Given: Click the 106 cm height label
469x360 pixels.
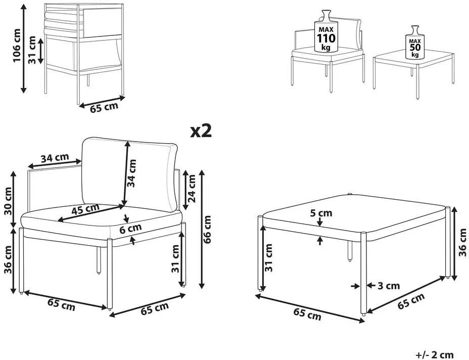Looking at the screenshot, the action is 17,46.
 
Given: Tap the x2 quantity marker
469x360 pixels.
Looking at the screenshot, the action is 201,131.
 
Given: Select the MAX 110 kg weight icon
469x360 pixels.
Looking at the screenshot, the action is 326,31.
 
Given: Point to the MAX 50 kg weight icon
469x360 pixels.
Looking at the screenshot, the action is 415,42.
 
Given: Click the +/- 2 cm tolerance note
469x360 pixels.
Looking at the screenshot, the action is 435,355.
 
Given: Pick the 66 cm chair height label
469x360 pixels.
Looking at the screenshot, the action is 207,229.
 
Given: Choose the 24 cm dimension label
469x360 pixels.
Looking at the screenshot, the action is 191,189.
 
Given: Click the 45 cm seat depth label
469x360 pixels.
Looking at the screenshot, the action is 85,209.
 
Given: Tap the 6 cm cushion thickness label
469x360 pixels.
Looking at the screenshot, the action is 130,229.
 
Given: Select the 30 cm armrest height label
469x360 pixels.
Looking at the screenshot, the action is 8,201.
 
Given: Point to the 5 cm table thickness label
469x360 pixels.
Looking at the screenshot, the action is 321,213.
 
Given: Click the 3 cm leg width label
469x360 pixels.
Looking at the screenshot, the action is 389,286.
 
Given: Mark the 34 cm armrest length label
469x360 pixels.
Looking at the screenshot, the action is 55,158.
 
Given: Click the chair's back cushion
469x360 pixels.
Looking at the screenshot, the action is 129,174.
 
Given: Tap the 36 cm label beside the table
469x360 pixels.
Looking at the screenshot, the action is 462,242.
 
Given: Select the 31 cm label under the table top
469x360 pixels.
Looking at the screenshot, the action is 269,258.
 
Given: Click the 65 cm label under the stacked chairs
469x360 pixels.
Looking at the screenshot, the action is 104,107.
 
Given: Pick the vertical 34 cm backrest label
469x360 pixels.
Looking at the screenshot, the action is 131,173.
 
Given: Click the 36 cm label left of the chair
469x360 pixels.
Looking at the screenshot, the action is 8,259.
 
